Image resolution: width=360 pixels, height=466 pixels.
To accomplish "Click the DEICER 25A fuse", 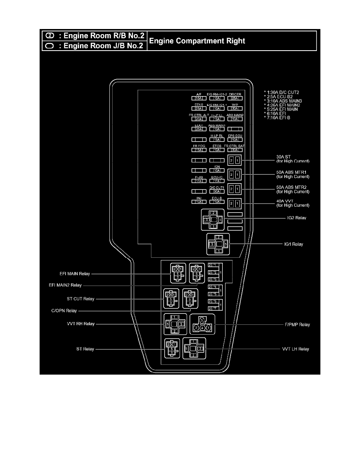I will tap(235, 98).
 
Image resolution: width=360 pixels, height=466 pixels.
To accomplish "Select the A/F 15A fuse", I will tap(199, 98).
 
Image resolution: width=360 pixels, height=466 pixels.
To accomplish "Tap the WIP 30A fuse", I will tap(235, 108).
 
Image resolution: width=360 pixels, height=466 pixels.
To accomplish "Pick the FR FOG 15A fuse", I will tap(199, 150).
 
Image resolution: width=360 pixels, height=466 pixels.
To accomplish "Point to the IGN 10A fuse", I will tap(217, 171).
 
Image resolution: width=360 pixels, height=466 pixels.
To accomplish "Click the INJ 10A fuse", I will tap(199, 202).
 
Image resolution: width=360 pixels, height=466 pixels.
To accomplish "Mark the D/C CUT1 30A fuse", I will tap(217, 191).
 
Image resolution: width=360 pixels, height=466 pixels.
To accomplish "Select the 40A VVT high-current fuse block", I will tap(235, 204).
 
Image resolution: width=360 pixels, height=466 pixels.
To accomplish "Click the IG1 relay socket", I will tap(218, 244).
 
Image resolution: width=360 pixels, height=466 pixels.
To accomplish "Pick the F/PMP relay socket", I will tap(202, 324).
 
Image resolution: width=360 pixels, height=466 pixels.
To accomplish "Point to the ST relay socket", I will tap(172, 349).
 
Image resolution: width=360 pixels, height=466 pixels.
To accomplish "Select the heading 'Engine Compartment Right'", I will tap(198, 41).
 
